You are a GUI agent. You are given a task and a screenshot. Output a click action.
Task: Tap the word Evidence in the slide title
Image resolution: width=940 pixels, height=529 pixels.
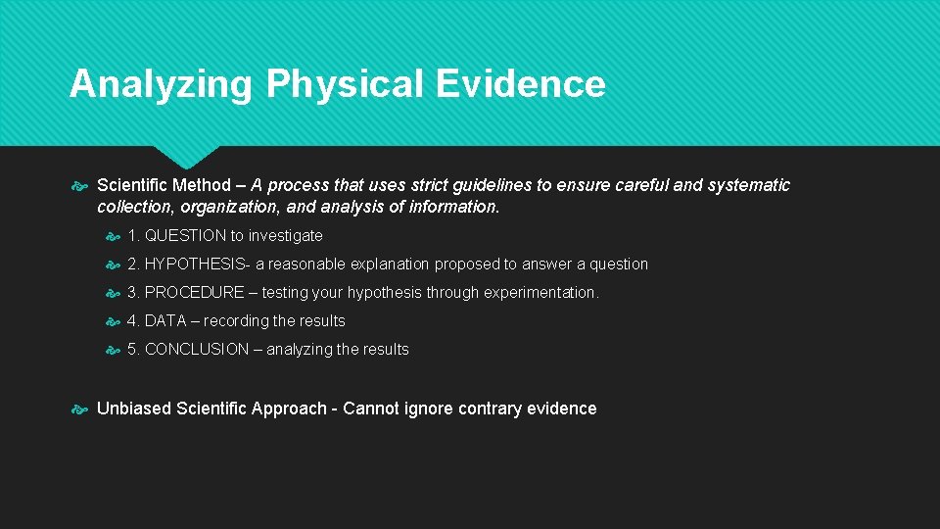click(x=521, y=84)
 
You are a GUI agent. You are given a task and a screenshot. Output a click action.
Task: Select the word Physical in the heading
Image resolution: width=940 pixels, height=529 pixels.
click(x=347, y=84)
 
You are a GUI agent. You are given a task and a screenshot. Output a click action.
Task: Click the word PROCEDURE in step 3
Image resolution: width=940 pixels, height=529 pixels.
click(x=194, y=293)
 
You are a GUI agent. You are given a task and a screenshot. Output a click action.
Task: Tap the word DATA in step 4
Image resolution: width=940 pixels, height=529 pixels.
click(x=164, y=321)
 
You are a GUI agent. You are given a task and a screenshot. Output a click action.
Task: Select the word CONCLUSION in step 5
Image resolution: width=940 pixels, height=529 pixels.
click(x=197, y=350)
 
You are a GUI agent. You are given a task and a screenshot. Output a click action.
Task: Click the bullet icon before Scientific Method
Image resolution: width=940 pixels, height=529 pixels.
click(x=81, y=185)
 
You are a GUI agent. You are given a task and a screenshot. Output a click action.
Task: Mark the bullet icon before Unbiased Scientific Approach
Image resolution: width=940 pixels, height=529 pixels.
click(x=81, y=409)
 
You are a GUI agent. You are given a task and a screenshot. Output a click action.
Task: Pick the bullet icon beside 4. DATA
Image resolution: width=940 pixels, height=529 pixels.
click(x=113, y=321)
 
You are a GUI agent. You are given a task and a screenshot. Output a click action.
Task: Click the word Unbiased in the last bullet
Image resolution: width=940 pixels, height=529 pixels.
click(x=133, y=409)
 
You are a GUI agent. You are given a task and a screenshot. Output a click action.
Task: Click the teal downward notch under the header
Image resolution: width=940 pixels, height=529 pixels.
click(x=187, y=157)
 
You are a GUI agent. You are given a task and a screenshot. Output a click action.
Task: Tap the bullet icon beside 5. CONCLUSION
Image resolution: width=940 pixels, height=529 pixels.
click(x=113, y=350)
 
